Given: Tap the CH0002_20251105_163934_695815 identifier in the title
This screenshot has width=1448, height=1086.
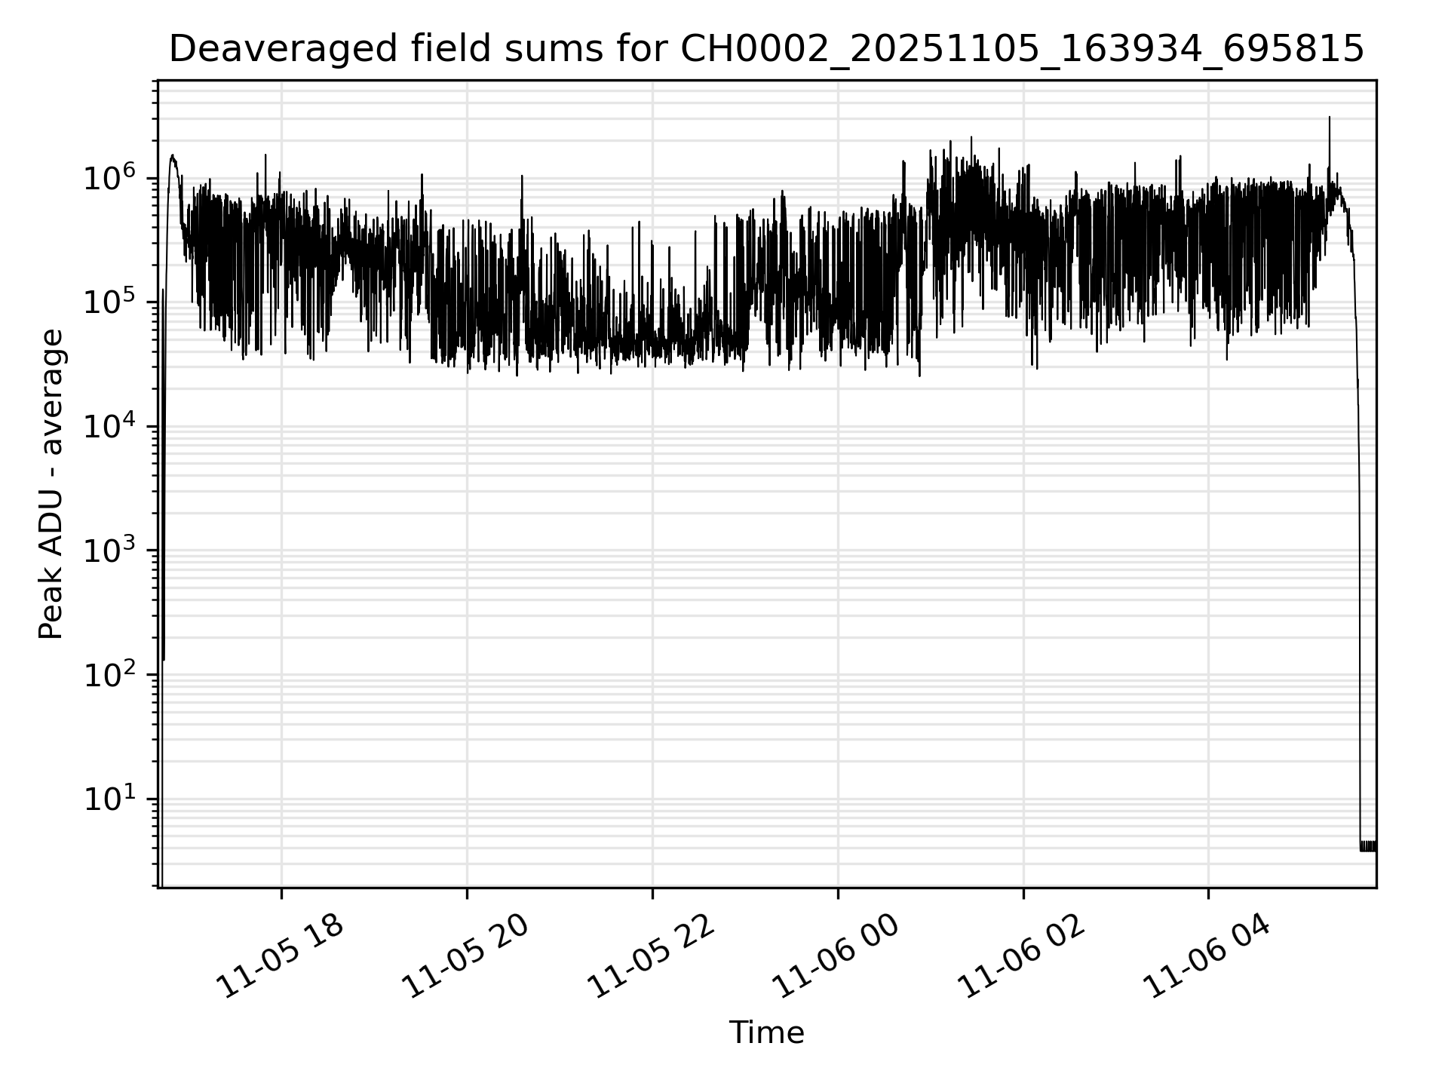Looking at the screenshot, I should pos(1022,50).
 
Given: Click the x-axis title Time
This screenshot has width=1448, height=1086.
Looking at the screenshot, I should pos(766,1032).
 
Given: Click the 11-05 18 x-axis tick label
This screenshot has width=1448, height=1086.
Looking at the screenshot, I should pos(281,958).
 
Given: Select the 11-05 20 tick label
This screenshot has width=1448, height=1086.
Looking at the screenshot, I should pos(465,958).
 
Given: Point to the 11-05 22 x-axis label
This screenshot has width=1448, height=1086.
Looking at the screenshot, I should pos(651,958).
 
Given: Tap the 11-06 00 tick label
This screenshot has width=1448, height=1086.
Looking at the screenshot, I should pos(837,958).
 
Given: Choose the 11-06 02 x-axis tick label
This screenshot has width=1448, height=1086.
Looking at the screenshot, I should pos(1023,958).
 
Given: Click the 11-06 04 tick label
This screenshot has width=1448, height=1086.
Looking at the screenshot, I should pos(1208,958).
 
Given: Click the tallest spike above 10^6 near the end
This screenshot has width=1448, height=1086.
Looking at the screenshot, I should pos(1330,119).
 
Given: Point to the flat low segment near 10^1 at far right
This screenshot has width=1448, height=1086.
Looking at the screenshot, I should pos(1368,845).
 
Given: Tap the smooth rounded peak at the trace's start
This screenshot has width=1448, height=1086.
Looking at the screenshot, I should pos(173,157).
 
